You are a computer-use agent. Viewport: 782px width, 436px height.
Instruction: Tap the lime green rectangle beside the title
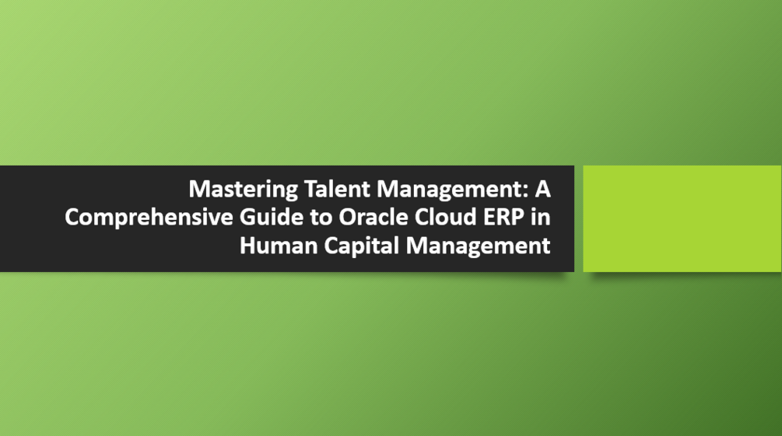[x=682, y=218]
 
